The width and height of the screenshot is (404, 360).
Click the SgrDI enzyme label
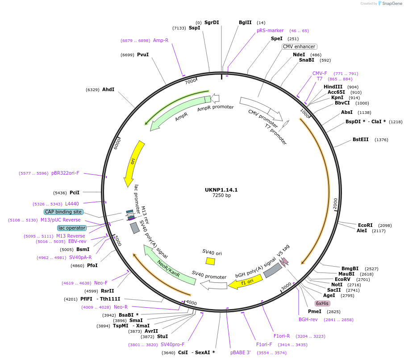[212, 22]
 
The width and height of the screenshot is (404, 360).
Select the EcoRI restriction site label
[365, 225]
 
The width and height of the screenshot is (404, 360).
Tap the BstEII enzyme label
[361, 139]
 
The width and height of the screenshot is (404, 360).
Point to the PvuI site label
[143, 54]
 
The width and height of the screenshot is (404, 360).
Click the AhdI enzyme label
[108, 89]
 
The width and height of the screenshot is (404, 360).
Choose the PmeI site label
[315, 311]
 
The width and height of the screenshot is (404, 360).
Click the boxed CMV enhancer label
[299, 46]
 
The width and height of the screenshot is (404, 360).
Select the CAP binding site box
[63, 212]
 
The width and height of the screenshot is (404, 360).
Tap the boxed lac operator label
[71, 228]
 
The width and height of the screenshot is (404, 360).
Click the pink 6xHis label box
[321, 303]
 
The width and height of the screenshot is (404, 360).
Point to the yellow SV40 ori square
[210, 261]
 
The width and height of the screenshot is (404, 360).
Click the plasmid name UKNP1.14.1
[221, 190]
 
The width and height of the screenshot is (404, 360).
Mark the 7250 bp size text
[221, 196]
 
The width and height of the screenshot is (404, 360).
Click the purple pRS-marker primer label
[270, 30]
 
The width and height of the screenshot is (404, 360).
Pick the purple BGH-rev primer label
[308, 319]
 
